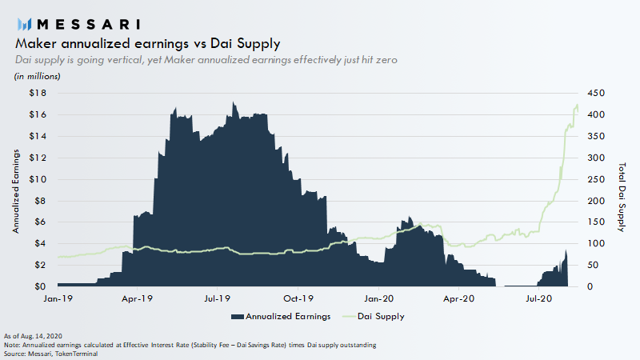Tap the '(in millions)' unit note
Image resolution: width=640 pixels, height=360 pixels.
pyautogui.click(x=37, y=76)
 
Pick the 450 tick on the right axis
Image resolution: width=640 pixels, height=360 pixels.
pyautogui.click(x=597, y=93)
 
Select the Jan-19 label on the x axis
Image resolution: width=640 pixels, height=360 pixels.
pyautogui.click(x=58, y=298)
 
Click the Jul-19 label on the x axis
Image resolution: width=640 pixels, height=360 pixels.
pyautogui.click(x=218, y=298)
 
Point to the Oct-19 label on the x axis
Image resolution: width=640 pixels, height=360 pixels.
pyautogui.click(x=298, y=298)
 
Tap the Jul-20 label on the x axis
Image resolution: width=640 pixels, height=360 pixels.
pyautogui.click(x=538, y=298)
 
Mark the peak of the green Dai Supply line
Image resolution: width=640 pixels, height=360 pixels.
pyautogui.click(x=577, y=105)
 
